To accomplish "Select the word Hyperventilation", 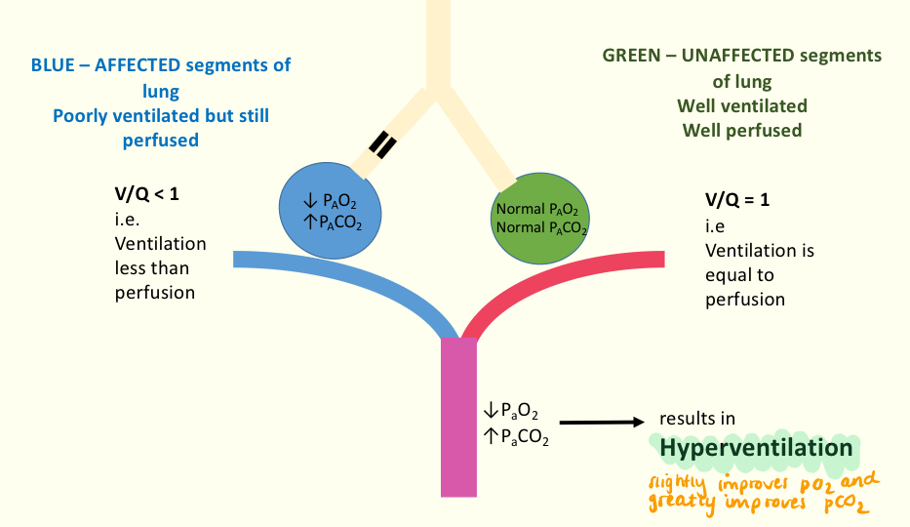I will click(755, 448).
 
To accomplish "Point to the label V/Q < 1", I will click(147, 194).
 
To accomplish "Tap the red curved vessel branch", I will click(566, 279).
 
